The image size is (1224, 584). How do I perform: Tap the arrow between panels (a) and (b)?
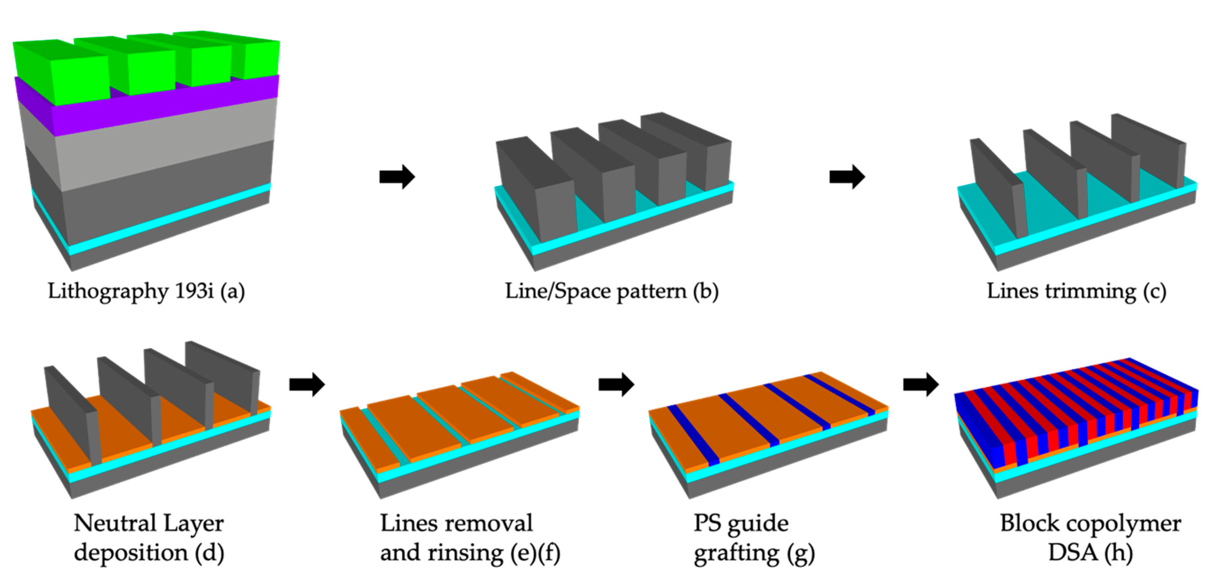397,177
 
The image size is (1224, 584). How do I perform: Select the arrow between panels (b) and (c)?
847,177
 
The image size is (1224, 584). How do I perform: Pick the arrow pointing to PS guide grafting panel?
616,384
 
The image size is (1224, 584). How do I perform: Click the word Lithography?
107,291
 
